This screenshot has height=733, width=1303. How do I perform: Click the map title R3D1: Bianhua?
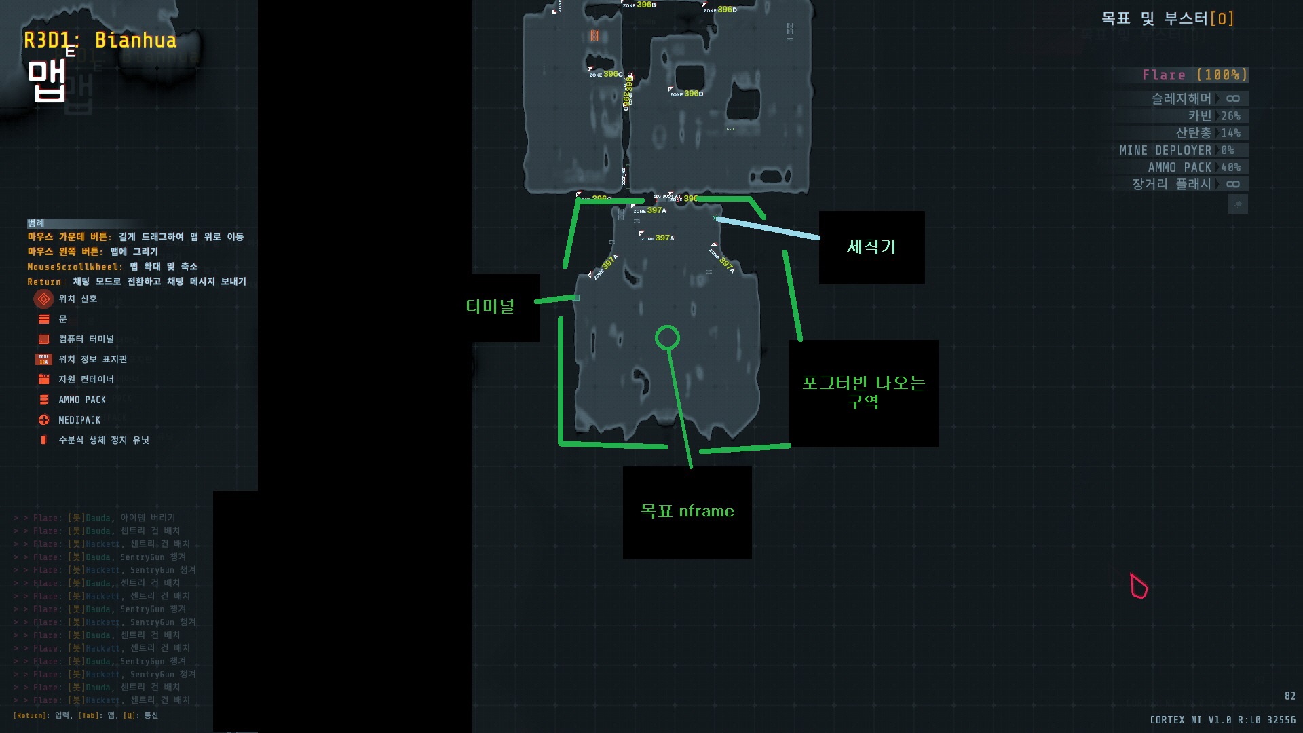tap(100, 40)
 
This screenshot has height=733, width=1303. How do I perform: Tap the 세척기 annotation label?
tap(871, 246)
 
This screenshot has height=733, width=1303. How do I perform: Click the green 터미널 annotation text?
tap(490, 306)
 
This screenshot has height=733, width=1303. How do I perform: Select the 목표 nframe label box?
tap(687, 512)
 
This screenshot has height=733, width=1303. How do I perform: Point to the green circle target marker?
tap(667, 337)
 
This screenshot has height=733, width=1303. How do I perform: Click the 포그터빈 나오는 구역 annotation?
tap(863, 392)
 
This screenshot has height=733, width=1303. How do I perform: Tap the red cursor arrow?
tap(1138, 586)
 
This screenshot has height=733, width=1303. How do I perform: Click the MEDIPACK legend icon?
tap(44, 420)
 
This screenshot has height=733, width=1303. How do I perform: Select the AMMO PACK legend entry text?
tap(82, 400)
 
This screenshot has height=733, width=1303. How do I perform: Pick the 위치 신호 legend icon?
tap(43, 299)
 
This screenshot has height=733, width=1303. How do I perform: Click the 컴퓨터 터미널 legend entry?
tap(86, 339)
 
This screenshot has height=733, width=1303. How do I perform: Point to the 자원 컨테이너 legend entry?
tap(86, 379)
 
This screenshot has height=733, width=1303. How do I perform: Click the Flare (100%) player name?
tap(1194, 75)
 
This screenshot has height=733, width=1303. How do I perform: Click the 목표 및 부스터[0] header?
tap(1167, 18)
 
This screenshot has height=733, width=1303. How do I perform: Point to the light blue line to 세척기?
tap(768, 228)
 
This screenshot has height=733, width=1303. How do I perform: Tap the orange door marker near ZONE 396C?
tap(594, 35)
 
